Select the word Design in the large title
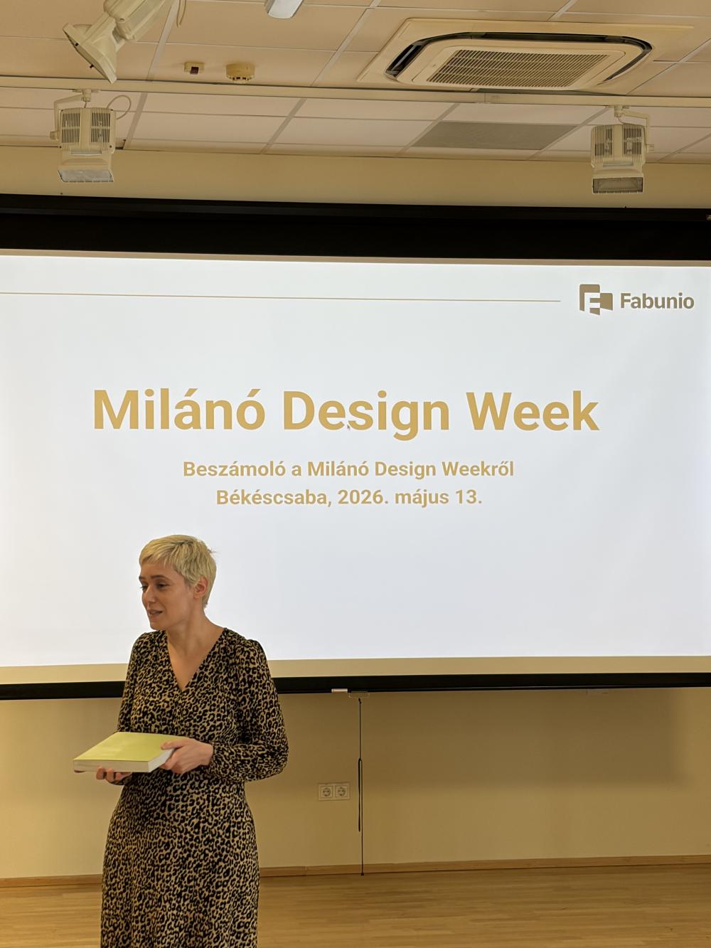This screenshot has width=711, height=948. point(366,414)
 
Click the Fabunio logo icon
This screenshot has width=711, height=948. point(596,299)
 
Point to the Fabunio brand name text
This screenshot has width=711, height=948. point(657,301)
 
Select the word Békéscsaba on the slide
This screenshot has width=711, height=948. point(274,498)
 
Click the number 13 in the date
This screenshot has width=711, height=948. point(468,498)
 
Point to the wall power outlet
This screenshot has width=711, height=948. point(333,791)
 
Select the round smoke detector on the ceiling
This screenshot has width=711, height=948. point(240,71)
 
